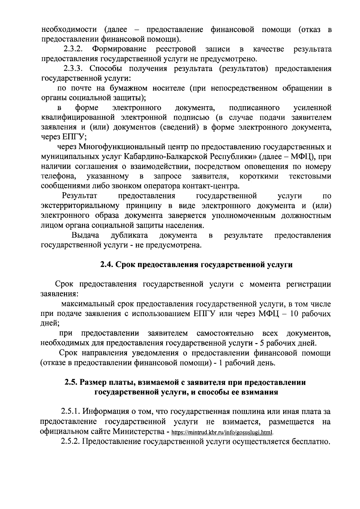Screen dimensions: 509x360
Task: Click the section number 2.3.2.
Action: point(73,49)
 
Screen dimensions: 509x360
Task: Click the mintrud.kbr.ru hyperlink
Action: point(222,433)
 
